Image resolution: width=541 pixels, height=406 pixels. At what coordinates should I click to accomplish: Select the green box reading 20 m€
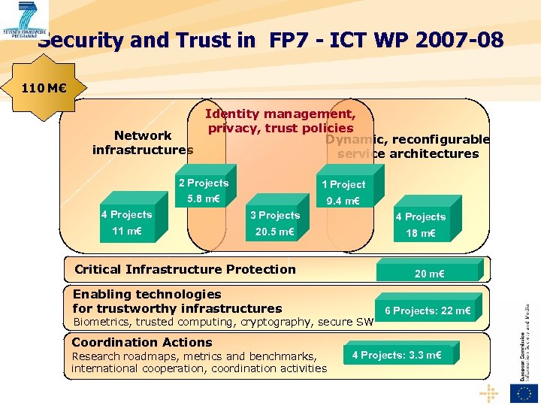429,274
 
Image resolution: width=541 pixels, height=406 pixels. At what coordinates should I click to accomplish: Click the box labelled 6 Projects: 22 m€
428,311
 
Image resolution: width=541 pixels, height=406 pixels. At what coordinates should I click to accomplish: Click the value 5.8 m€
204,199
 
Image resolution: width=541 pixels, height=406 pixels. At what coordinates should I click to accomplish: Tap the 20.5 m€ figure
274,232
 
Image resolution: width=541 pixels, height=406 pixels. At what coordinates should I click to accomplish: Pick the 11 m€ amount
127,231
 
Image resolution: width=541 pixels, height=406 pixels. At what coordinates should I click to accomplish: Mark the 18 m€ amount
421,234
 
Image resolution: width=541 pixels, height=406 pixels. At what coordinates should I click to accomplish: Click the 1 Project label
343,184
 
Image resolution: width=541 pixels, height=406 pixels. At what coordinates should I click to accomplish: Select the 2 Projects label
204,183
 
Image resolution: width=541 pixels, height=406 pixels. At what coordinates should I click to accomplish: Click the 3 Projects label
275,216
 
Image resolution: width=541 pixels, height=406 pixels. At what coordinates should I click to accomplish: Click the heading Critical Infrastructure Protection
185,269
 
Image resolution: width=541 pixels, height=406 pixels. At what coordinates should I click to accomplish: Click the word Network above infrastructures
143,135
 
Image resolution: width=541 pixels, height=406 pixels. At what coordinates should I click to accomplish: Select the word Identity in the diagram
232,114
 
